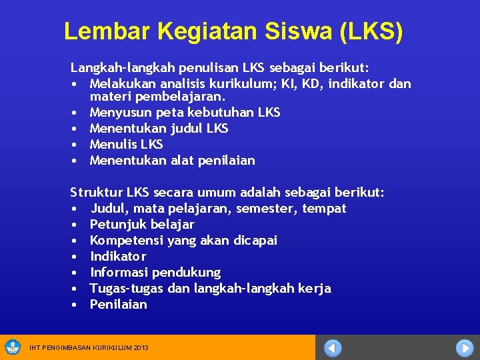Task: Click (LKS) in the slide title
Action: (x=371, y=31)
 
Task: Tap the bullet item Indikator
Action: (x=118, y=256)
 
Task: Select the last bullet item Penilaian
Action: (x=118, y=304)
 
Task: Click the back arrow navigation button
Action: (x=333, y=348)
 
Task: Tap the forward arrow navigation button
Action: (x=464, y=348)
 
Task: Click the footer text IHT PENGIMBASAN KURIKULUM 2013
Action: (x=89, y=348)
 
